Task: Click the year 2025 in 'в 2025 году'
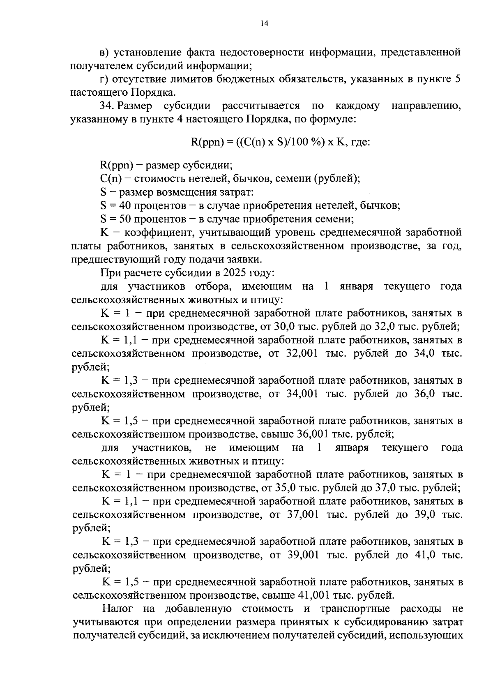235,273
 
